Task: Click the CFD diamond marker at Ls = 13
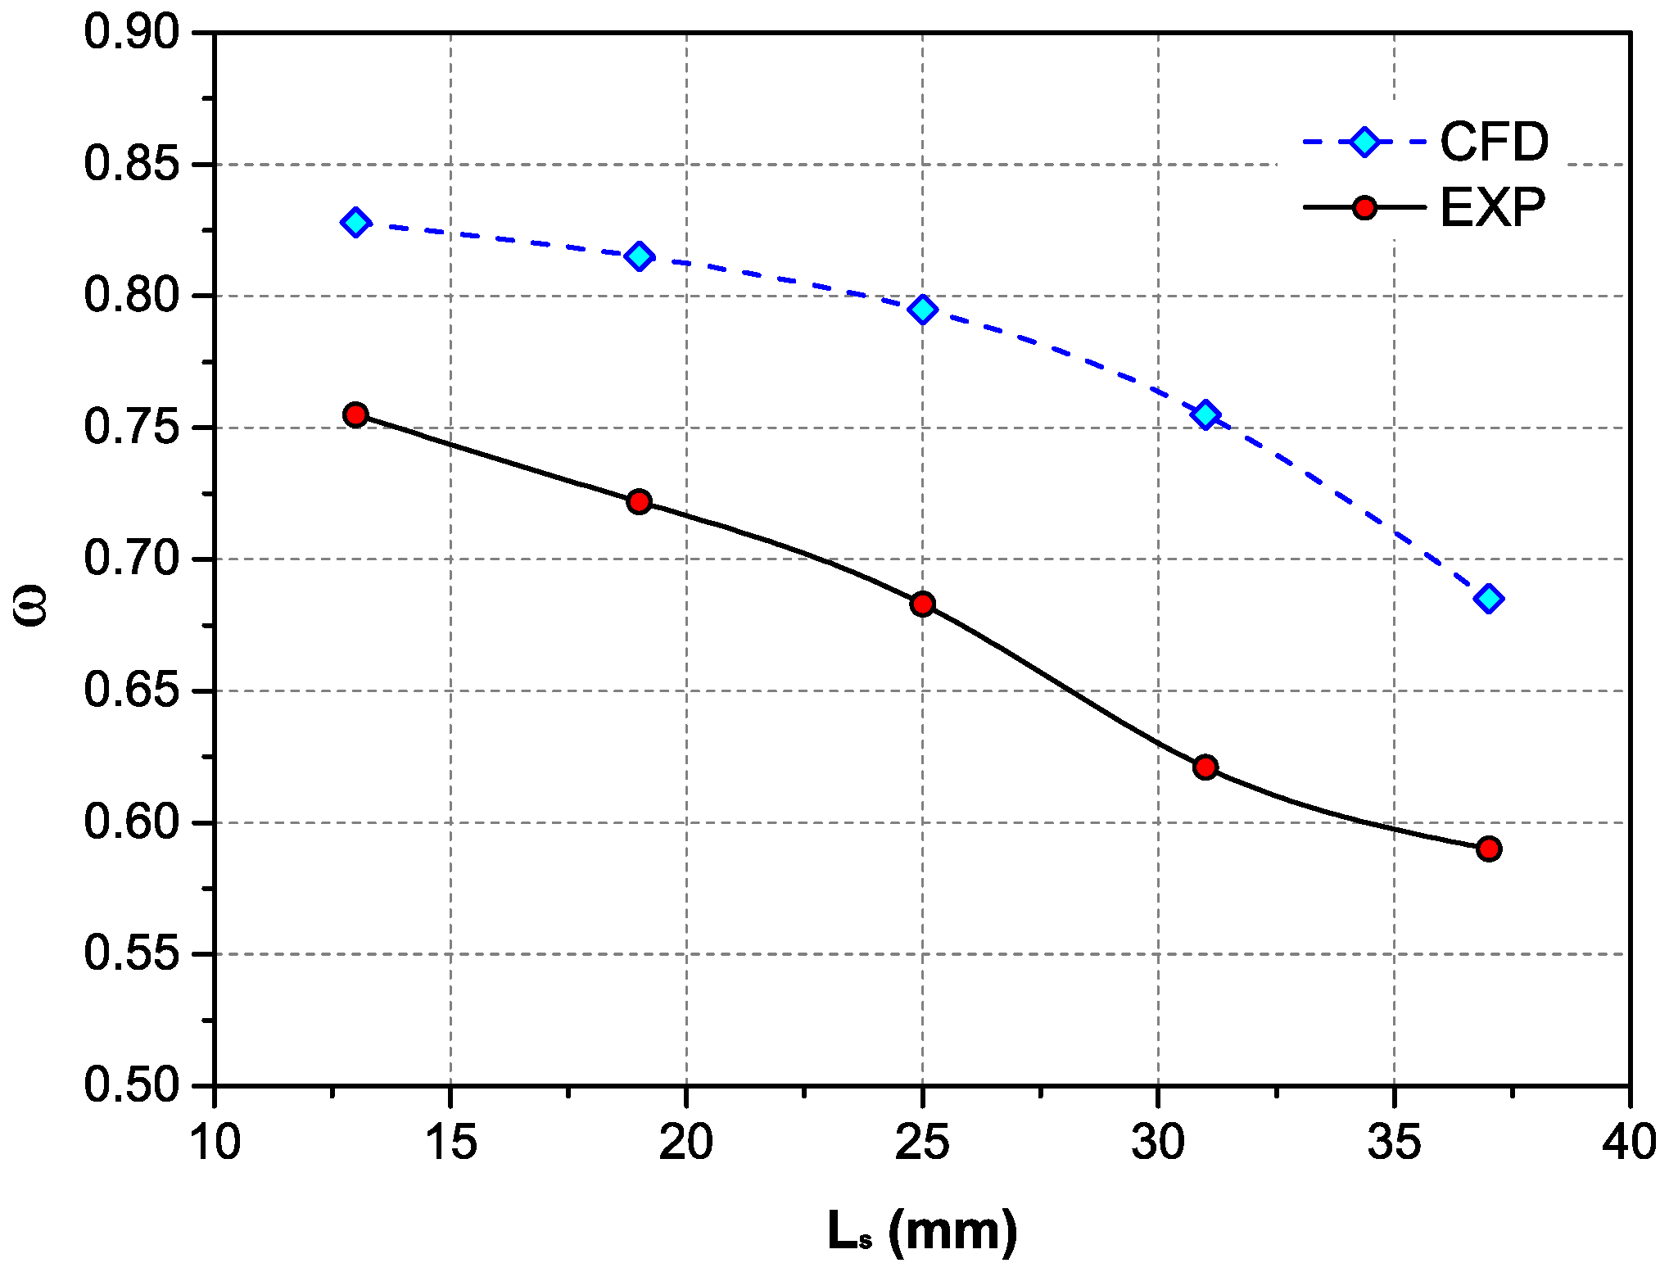[355, 222]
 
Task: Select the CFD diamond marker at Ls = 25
[923, 310]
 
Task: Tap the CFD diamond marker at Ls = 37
[1489, 599]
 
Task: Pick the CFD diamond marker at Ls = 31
[1205, 414]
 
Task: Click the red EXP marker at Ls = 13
[355, 414]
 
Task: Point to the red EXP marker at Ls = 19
[640, 501]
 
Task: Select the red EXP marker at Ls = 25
[923, 604]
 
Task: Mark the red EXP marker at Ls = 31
[1205, 767]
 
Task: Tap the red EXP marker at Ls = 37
[1489, 849]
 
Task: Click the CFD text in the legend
[1495, 142]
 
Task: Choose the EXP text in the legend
[1493, 207]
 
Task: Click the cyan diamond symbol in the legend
[1364, 142]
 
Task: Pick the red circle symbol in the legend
[1364, 207]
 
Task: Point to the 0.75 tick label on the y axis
[131, 428]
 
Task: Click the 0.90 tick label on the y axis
[131, 33]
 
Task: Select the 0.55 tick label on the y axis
[131, 954]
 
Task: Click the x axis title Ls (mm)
[923, 1231]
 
